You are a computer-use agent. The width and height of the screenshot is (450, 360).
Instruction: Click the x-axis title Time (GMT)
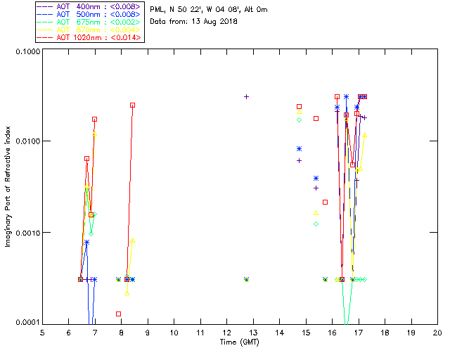240,342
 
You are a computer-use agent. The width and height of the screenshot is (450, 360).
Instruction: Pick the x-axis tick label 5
42,333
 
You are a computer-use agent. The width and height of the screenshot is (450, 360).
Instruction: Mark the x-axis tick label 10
174,333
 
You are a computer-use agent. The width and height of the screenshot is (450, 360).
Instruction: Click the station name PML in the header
158,10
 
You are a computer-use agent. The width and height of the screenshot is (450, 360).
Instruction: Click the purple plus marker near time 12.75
246,96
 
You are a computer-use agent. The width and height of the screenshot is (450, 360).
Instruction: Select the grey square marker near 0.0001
118,314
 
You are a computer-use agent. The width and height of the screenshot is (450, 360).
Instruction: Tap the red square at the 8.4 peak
132,105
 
